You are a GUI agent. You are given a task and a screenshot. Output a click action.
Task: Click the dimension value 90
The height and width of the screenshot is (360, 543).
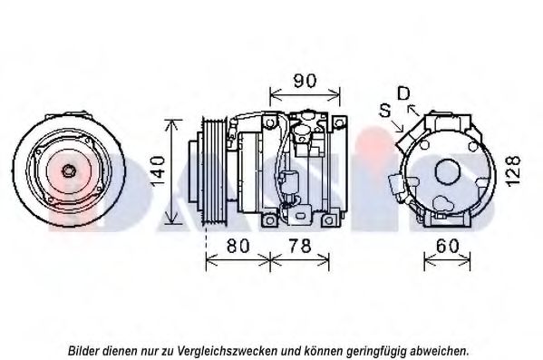[305, 81]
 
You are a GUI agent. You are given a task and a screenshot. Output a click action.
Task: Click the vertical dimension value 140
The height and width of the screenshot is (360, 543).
[158, 171]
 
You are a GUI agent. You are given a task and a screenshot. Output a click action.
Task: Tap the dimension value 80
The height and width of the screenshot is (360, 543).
[238, 246]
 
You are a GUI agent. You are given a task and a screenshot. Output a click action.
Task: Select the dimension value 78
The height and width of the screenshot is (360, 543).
[300, 246]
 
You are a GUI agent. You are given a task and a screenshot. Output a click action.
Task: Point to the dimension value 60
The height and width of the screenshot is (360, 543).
[448, 246]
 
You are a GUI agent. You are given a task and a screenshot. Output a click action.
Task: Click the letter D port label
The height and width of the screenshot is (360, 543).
[403, 93]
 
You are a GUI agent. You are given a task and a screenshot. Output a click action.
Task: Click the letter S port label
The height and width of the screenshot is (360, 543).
[385, 111]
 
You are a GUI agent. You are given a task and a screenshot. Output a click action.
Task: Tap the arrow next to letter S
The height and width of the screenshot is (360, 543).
[398, 126]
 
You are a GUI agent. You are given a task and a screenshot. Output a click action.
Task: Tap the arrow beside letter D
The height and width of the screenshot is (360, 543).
[413, 110]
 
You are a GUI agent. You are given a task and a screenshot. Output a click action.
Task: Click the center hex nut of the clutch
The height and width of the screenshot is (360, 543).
[68, 170]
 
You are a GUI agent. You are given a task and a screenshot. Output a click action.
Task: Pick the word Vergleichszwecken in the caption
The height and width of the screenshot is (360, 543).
[228, 351]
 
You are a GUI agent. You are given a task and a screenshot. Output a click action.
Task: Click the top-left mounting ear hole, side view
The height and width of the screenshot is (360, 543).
[270, 122]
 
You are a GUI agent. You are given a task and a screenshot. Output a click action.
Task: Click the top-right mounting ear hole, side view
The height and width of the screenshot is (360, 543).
[340, 122]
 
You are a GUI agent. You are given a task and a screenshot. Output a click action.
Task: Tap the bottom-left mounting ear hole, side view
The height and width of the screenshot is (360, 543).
[270, 220]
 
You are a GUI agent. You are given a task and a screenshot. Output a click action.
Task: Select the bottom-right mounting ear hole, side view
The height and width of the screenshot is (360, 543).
[329, 220]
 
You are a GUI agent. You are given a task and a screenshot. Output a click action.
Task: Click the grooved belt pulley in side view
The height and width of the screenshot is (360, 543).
[215, 172]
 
